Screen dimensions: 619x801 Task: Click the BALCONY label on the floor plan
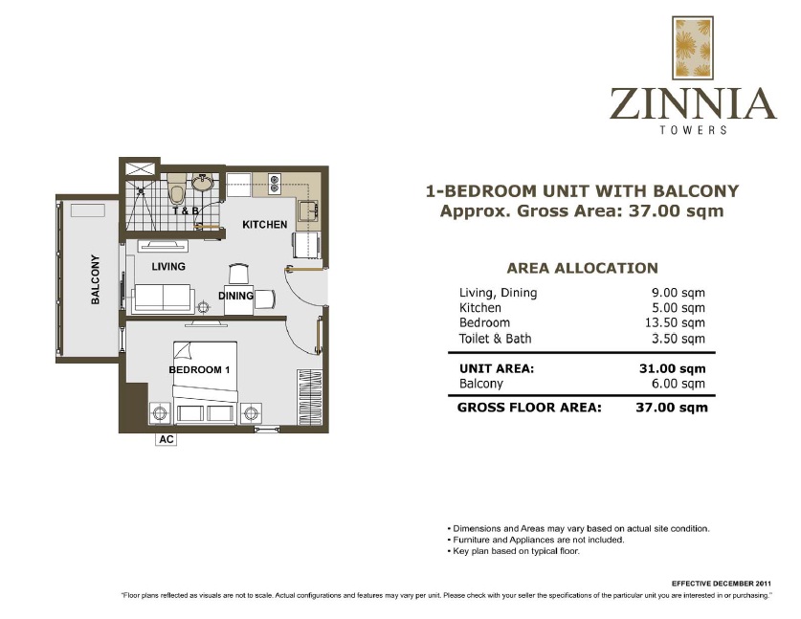pos(95,278)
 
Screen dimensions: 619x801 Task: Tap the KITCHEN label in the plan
pos(264,225)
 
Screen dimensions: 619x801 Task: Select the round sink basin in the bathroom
pos(204,182)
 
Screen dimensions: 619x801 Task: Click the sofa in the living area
pos(163,298)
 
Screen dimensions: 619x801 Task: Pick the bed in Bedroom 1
pos(204,383)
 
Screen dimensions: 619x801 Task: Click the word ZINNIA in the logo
pos(693,104)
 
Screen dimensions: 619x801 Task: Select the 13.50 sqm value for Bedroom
pos(679,323)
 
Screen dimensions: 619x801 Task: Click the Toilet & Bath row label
pos(495,339)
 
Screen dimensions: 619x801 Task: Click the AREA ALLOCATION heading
pos(582,269)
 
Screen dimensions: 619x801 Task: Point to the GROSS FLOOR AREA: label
pos(529,407)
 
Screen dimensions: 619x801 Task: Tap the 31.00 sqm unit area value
pos(679,367)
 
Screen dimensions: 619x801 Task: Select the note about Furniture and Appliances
pos(535,540)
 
